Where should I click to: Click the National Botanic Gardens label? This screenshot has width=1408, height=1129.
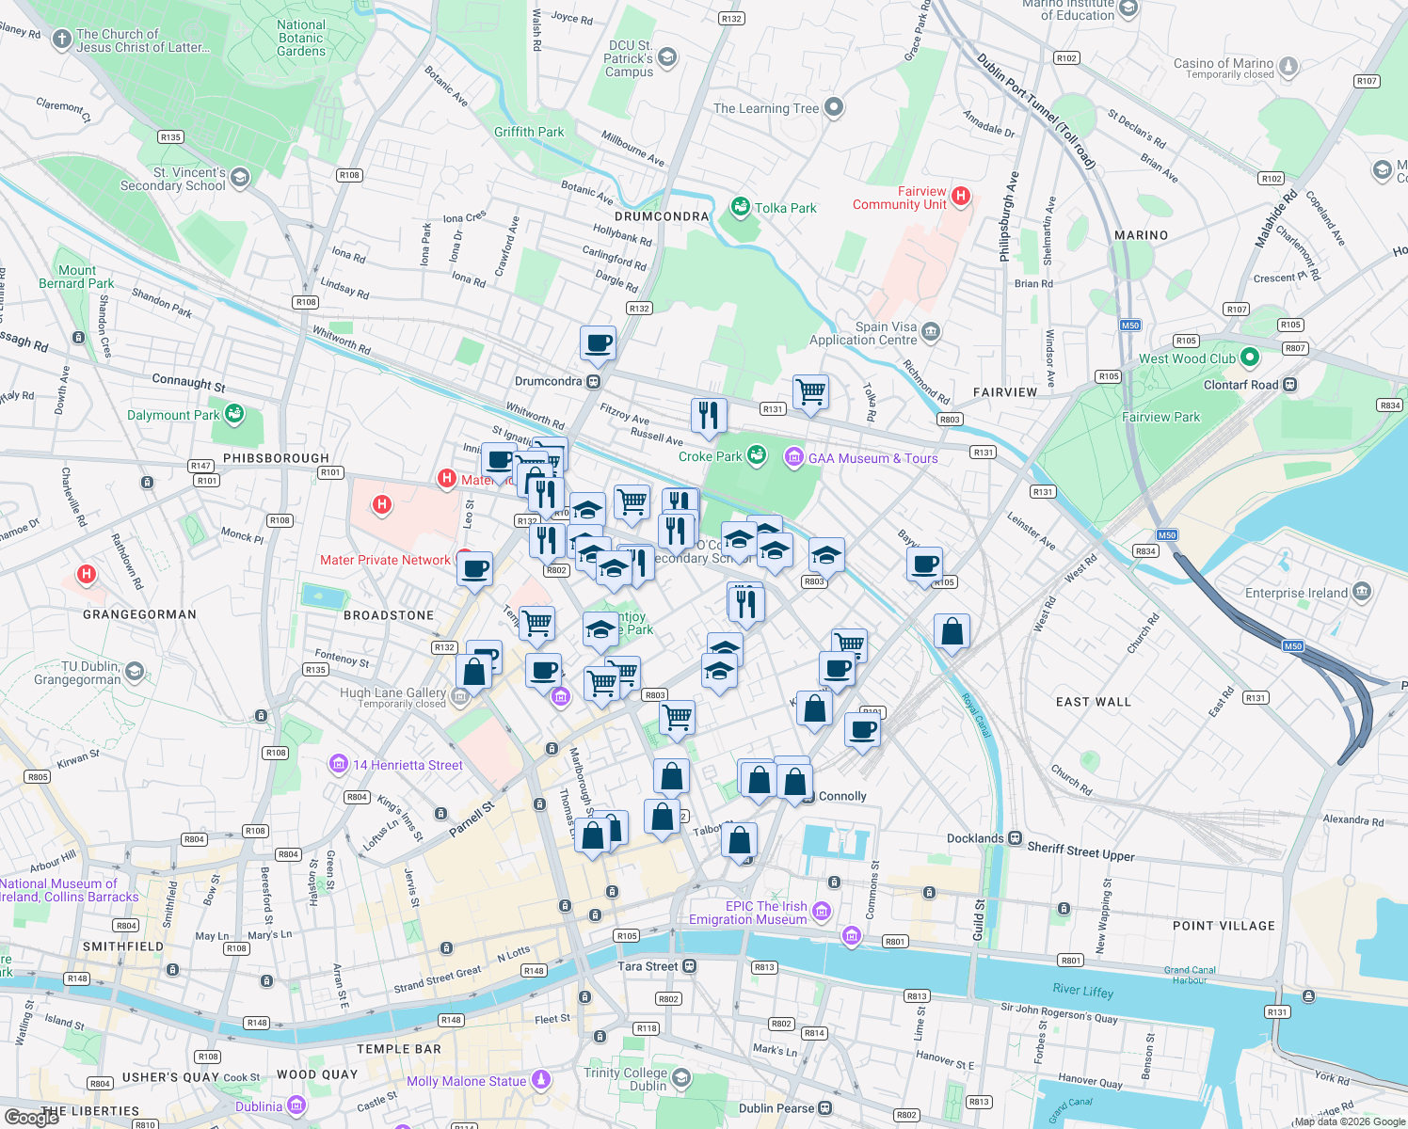301,39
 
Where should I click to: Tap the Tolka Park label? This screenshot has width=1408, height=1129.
785,208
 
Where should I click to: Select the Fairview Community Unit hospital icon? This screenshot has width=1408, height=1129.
960,196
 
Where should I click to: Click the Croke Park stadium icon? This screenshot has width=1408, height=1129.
757,456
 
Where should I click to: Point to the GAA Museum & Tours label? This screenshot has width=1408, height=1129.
872,458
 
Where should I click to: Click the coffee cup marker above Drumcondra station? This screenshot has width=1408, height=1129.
598,342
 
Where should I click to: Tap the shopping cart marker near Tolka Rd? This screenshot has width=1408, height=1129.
810,390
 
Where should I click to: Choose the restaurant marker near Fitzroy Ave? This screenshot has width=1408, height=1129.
709,415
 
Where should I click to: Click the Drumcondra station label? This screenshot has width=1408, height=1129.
548,381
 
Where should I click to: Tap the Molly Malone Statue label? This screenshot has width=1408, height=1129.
466,1081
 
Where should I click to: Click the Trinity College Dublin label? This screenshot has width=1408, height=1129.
625,1079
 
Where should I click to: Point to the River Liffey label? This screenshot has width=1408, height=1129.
1082,990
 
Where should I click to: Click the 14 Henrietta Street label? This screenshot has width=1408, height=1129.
407,765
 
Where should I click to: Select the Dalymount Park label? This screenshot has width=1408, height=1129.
173,415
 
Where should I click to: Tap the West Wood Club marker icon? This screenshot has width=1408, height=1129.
1250,358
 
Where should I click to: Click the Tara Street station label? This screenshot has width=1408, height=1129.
648,966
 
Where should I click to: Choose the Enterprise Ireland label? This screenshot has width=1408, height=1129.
1296,593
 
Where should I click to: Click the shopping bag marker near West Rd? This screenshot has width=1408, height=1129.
952,631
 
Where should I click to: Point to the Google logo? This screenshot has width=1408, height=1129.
32,1117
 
